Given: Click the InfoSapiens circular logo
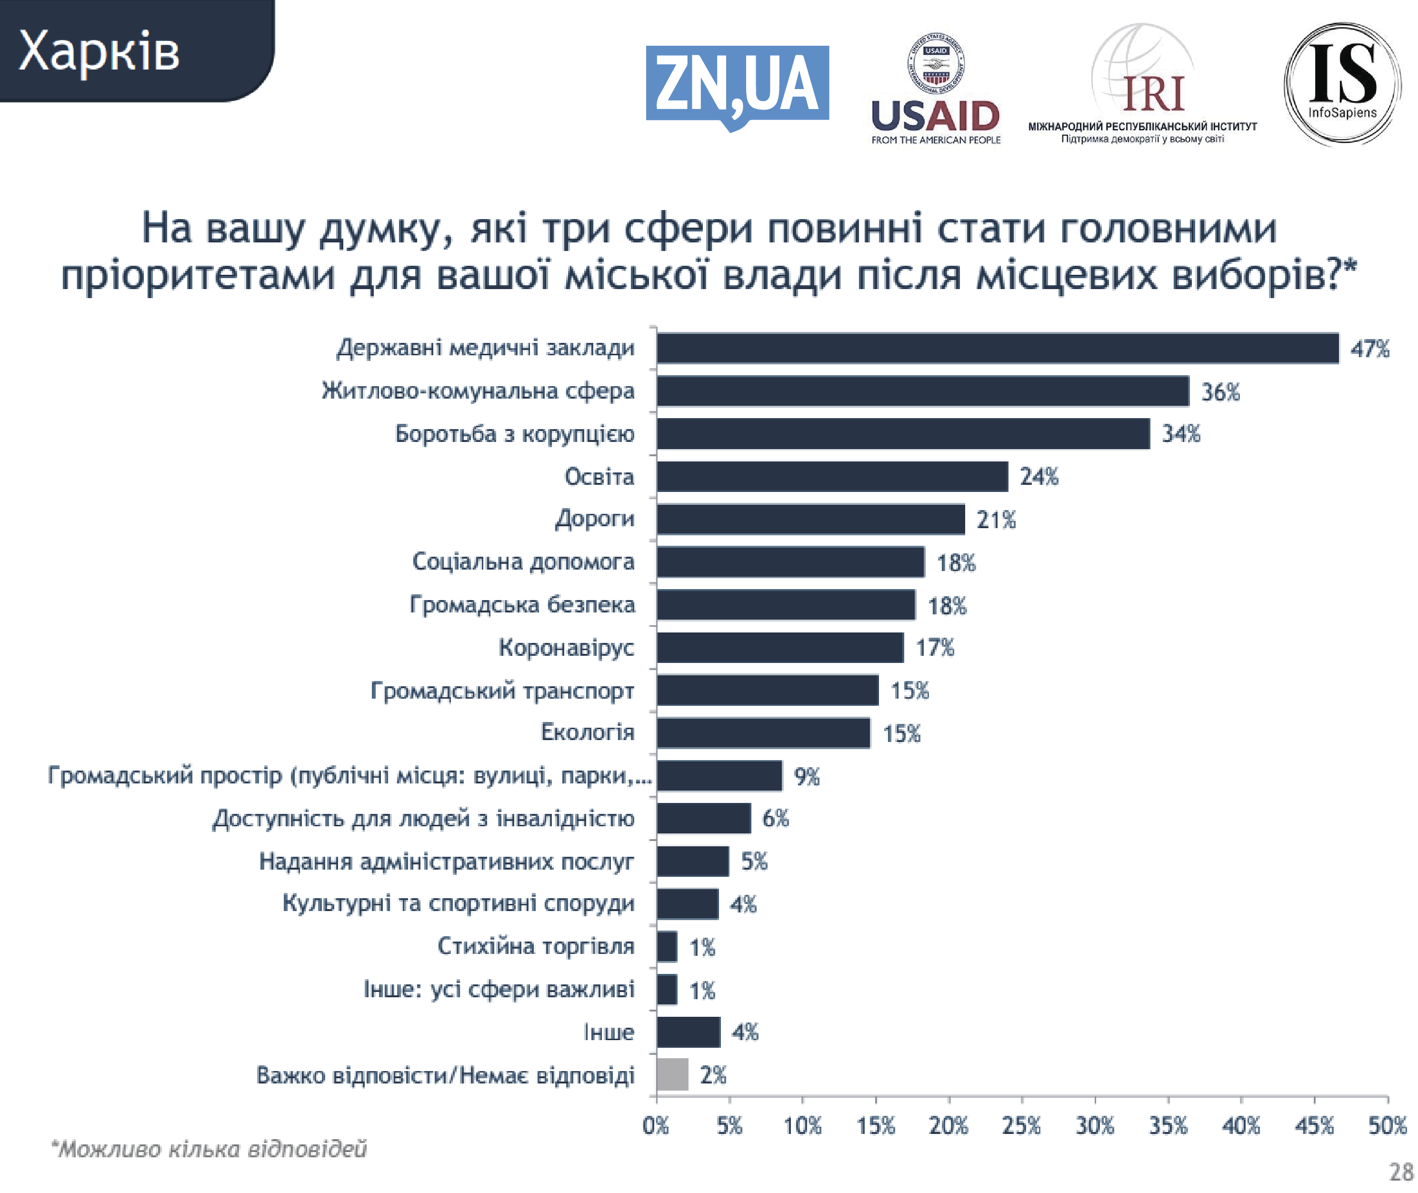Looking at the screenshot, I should (x=1342, y=85).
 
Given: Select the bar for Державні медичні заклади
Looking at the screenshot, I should (x=998, y=348).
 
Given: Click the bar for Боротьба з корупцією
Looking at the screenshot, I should (x=903, y=433).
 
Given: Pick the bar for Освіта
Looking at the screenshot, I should (x=832, y=477).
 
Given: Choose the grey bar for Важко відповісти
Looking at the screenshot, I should (x=672, y=1074).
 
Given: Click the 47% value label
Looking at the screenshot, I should (x=1369, y=349).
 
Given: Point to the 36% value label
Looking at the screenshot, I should (x=1220, y=392).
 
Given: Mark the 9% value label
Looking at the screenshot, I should (x=806, y=776).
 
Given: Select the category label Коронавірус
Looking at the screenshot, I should (x=566, y=648).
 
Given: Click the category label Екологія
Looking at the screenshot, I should (x=587, y=732).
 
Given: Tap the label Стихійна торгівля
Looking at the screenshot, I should (x=536, y=946).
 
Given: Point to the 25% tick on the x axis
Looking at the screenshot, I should (x=1021, y=1126).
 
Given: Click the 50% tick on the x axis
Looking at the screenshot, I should (x=1387, y=1126).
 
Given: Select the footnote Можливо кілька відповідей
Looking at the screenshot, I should (x=209, y=1149).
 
